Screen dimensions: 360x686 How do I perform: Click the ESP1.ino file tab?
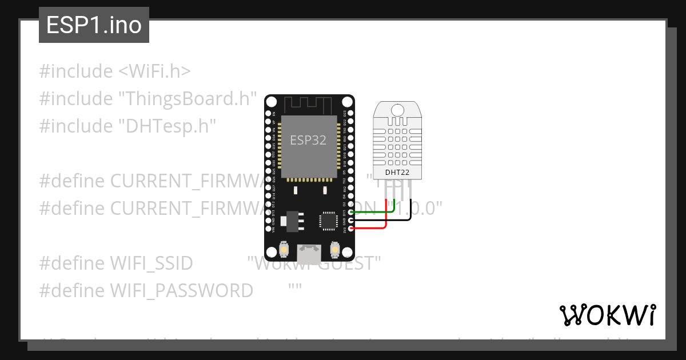pos(94,26)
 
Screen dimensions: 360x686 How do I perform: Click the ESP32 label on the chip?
pos(308,140)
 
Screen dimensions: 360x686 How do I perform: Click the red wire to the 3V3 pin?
pos(372,228)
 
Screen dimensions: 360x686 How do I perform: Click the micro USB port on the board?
pos(309,251)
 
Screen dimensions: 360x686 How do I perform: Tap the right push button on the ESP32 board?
pos(335,250)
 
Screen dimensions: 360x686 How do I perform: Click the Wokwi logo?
pos(607,315)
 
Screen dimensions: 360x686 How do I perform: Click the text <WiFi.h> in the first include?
pos(154,71)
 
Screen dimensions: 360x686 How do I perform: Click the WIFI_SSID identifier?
pos(151,263)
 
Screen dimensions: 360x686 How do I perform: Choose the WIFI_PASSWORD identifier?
pos(181,290)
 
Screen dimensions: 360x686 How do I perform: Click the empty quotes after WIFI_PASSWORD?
pos(295,290)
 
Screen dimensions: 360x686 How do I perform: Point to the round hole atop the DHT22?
pos(397,109)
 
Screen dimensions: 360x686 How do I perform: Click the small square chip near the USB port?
pos(329,221)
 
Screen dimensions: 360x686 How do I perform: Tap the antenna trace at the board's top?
pos(309,105)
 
